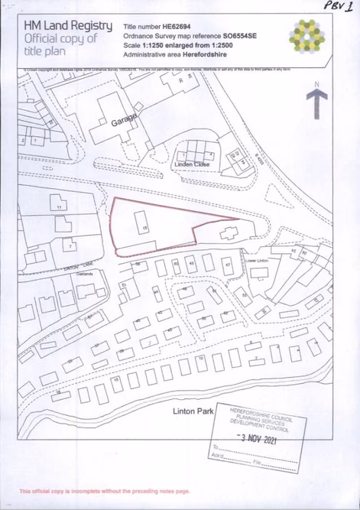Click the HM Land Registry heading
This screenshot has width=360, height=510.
click(67, 26)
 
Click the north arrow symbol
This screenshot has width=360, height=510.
click(316, 102)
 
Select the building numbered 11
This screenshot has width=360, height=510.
click(58, 207)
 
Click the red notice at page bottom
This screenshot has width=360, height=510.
click(104, 491)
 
